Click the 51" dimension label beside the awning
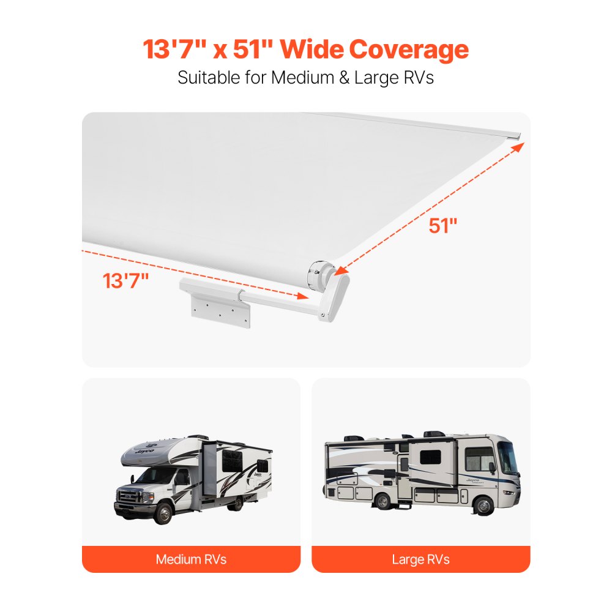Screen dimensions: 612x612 tap(443, 226)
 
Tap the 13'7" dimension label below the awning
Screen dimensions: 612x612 tap(126, 281)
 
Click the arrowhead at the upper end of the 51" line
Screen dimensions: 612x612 tap(520, 146)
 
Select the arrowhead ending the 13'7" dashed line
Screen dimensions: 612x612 tap(302, 296)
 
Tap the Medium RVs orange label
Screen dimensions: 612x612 tap(191, 559)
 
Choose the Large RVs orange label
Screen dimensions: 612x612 tap(420, 559)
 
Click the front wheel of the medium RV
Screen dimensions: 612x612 tap(162, 513)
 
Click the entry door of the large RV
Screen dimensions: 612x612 tap(404, 474)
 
